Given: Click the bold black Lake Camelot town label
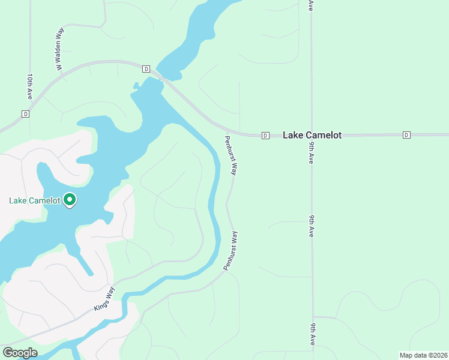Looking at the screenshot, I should [312, 135].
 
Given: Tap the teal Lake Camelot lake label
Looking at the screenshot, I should [34, 200].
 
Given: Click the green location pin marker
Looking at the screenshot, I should [70, 199].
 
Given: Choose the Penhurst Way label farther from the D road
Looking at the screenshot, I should [232, 250].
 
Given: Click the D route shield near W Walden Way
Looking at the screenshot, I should [146, 69].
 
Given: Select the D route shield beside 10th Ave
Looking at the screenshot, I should [25, 114].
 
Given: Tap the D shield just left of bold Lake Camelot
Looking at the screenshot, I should [265, 136].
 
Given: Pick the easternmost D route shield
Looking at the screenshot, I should [406, 134].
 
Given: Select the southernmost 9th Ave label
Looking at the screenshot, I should [313, 334].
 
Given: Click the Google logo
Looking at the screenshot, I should [20, 353].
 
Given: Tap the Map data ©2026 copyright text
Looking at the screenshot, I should [423, 355].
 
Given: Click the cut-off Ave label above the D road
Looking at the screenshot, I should [311, 5].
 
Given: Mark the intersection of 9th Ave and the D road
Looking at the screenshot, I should [312, 135].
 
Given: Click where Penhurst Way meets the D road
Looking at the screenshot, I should [228, 131].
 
